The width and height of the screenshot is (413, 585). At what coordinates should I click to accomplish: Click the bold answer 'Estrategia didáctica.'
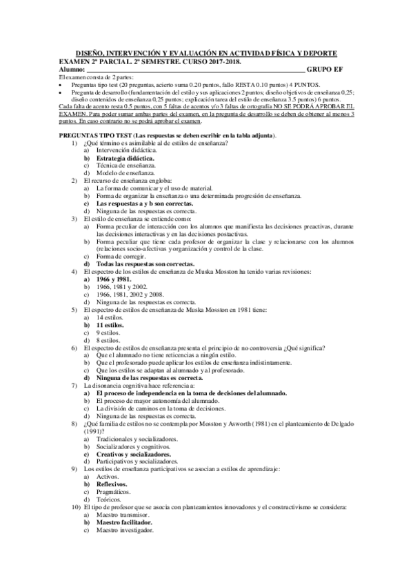click(x=125, y=158)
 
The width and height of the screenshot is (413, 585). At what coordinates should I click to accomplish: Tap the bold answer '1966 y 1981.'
click(x=114, y=279)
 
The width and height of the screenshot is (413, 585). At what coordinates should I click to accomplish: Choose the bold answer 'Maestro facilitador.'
click(x=124, y=523)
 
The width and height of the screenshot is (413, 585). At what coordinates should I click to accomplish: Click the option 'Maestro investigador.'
click(x=126, y=531)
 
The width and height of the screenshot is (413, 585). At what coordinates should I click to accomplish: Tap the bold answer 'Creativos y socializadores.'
click(x=134, y=455)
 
